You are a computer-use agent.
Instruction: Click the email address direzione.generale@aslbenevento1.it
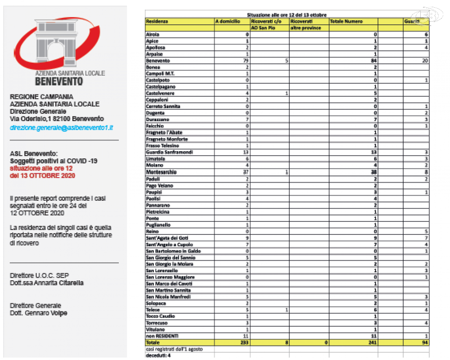click(x=61, y=127)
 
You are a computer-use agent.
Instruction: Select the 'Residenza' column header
click(x=157, y=21)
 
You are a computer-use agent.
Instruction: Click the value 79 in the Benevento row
click(x=246, y=60)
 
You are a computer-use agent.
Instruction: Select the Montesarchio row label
click(x=162, y=172)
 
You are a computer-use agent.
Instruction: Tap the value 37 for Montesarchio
click(x=246, y=172)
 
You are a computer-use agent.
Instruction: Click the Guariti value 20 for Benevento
click(x=424, y=60)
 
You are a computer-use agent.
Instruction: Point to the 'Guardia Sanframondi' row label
click(x=169, y=152)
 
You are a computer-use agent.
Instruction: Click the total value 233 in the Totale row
click(x=245, y=342)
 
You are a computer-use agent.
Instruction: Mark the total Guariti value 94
click(x=424, y=342)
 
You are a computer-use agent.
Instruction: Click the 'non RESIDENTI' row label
click(x=162, y=336)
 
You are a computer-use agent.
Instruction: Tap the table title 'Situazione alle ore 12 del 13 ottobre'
click(x=287, y=15)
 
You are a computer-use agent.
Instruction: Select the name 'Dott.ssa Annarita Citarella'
click(x=46, y=283)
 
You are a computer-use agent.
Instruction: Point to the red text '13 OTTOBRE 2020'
click(x=49, y=175)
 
